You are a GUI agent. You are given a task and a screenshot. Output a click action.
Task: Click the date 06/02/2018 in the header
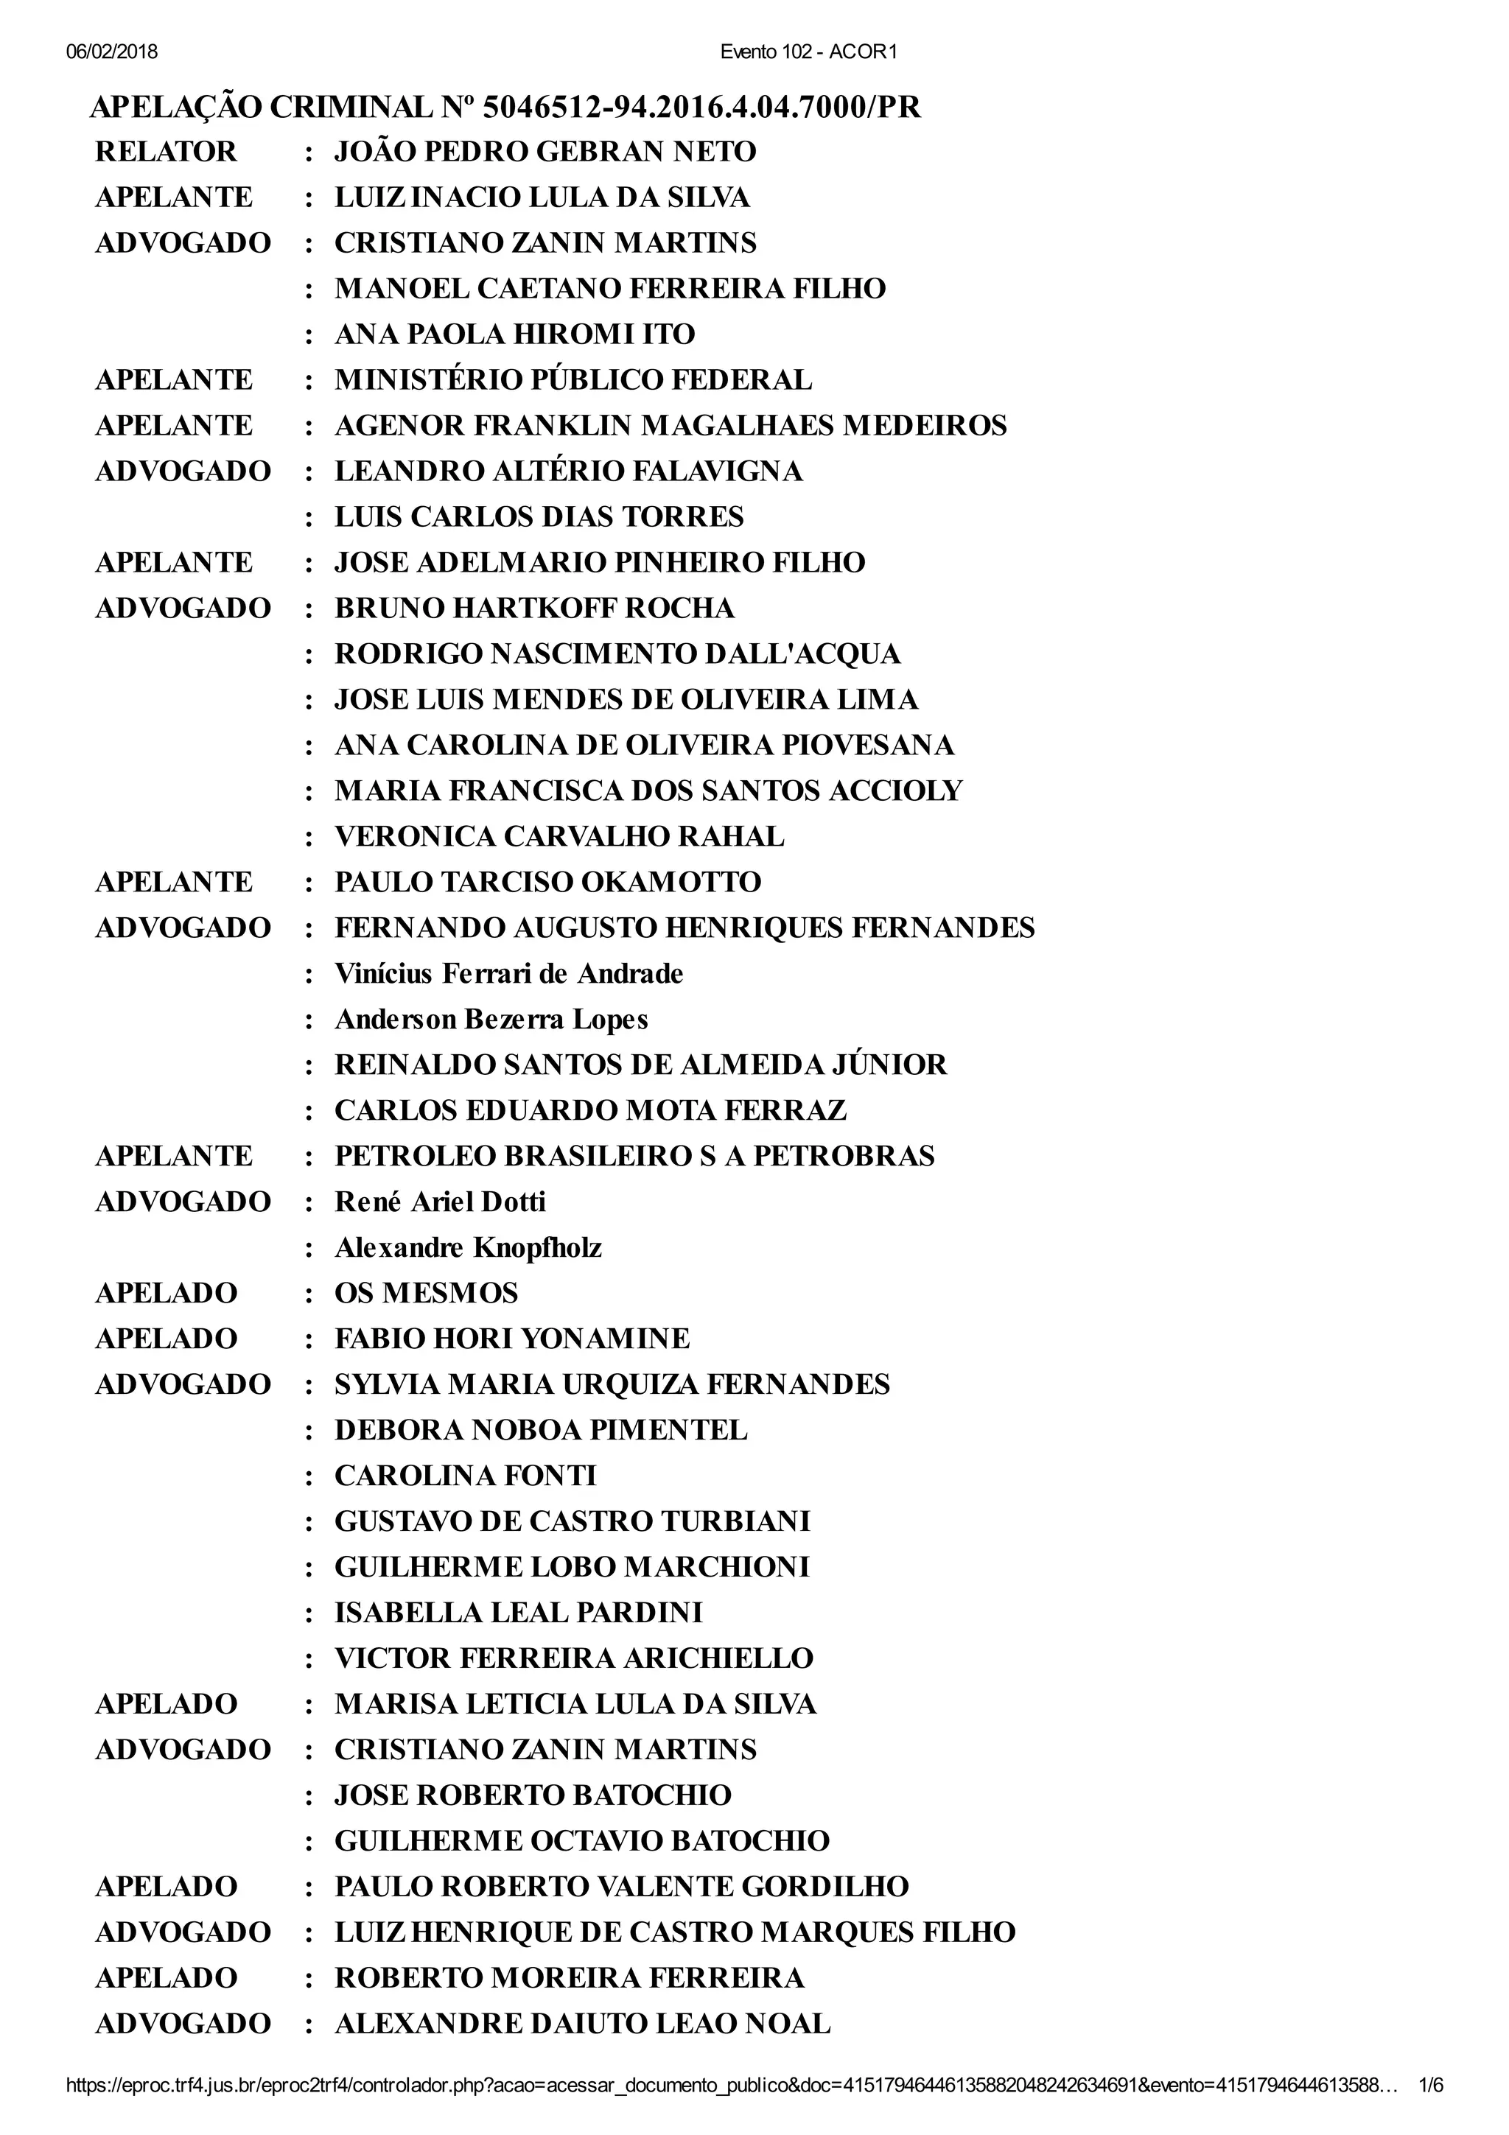[x=111, y=52]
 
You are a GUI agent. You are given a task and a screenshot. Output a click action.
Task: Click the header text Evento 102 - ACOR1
[x=808, y=52]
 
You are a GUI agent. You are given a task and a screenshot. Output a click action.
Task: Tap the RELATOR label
[x=166, y=152]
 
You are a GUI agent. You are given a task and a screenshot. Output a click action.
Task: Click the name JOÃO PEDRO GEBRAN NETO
[x=545, y=152]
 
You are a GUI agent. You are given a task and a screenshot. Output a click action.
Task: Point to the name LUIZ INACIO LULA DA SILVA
[x=542, y=197]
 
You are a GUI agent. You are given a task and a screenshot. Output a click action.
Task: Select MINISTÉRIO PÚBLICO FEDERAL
[x=573, y=379]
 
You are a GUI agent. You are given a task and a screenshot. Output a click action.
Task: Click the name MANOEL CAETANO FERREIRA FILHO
[x=610, y=288]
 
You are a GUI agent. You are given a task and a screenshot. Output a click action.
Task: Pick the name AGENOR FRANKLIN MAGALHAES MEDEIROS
[x=671, y=425]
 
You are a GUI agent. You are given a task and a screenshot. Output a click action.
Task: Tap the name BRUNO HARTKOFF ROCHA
[x=535, y=608]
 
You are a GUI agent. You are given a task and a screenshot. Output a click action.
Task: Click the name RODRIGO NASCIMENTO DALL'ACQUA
[x=617, y=653]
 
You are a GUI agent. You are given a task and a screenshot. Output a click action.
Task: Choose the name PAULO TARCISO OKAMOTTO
[x=547, y=882]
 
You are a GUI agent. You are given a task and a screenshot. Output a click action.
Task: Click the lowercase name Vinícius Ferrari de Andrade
[x=508, y=974]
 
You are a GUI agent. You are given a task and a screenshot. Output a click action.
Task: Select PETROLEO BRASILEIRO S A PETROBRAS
[x=634, y=1156]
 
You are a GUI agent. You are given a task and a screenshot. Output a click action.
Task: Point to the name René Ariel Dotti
[x=440, y=1202]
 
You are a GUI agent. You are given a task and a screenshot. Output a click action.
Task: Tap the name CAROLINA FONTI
[x=465, y=1476]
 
